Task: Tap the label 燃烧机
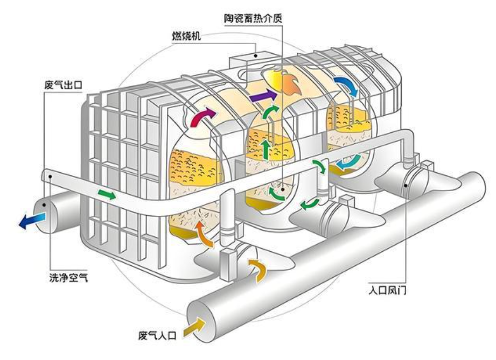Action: coord(186,36)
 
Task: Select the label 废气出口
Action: coord(63,85)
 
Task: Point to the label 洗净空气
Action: coord(68,277)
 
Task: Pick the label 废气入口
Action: coord(157,335)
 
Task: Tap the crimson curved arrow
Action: coord(203,117)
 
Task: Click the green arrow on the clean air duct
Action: coord(107,194)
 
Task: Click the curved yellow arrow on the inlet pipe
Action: coord(257,270)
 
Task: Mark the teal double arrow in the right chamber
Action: coord(348,162)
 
